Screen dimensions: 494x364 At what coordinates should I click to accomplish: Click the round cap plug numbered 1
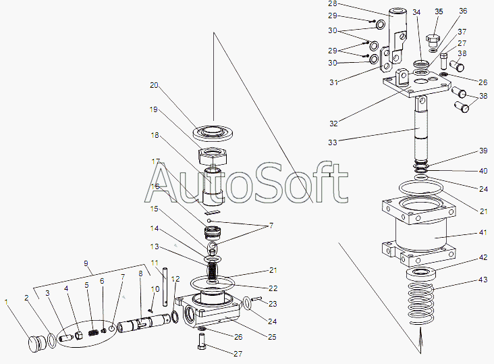[x=36, y=344]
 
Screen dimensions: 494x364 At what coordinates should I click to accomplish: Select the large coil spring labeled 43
[x=420, y=304]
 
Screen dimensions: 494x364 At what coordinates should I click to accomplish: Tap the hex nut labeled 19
[x=213, y=156]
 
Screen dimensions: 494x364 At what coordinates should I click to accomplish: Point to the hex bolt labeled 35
[x=433, y=42]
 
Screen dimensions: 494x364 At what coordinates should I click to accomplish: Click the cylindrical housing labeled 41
[x=419, y=232]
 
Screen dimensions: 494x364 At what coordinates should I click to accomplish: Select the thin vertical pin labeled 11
[x=165, y=287]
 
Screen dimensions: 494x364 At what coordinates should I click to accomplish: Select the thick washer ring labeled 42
[x=421, y=274]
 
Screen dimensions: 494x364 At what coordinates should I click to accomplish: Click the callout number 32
[x=333, y=124]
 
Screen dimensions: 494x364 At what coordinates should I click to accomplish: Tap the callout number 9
[x=86, y=263]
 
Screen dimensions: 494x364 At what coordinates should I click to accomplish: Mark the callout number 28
[x=333, y=4]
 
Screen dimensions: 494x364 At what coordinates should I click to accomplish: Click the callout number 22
[x=273, y=288]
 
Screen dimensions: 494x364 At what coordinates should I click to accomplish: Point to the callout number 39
[x=484, y=151]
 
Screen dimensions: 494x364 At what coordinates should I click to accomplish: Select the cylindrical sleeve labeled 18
[x=213, y=186]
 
